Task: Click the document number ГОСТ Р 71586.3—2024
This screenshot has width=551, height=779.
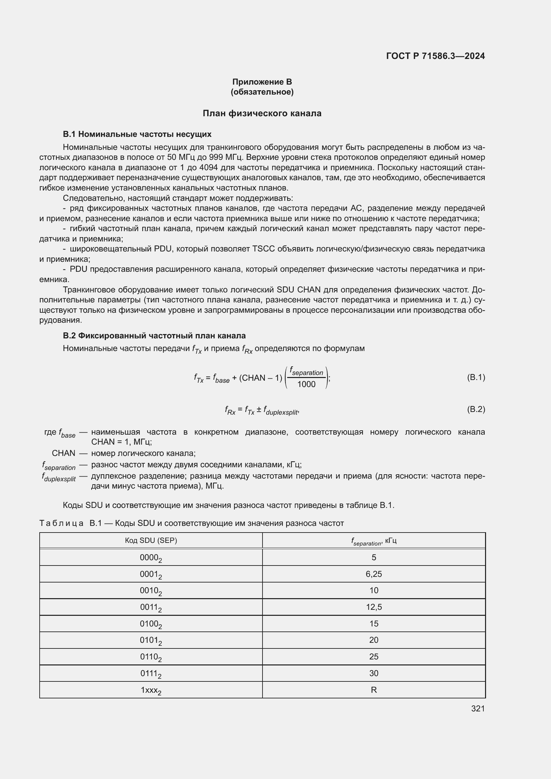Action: click(x=435, y=56)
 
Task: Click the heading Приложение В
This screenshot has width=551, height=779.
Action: click(x=262, y=82)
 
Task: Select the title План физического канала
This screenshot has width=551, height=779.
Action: click(x=262, y=113)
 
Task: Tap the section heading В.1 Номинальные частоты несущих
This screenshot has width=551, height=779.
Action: click(x=137, y=134)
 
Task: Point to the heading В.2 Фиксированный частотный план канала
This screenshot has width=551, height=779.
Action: click(x=154, y=336)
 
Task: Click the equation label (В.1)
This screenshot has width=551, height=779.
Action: click(x=476, y=377)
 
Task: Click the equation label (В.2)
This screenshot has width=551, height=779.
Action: click(x=476, y=409)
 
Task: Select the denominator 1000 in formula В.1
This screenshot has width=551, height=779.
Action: click(x=306, y=384)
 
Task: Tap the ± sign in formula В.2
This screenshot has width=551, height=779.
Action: click(x=259, y=410)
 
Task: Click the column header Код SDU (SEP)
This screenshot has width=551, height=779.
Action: click(x=151, y=541)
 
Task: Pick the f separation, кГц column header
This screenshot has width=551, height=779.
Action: click(x=373, y=541)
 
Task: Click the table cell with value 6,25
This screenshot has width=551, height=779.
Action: click(x=373, y=574)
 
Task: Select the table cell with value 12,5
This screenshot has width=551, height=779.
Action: click(x=373, y=607)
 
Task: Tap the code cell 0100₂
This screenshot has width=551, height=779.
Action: click(x=151, y=624)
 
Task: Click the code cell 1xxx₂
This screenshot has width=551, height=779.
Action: click(x=151, y=690)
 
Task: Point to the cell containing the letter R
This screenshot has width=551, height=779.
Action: click(x=373, y=690)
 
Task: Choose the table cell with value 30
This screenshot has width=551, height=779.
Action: click(x=373, y=673)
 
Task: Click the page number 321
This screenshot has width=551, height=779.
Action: click(x=478, y=708)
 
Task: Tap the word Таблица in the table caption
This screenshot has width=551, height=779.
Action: click(x=61, y=523)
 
